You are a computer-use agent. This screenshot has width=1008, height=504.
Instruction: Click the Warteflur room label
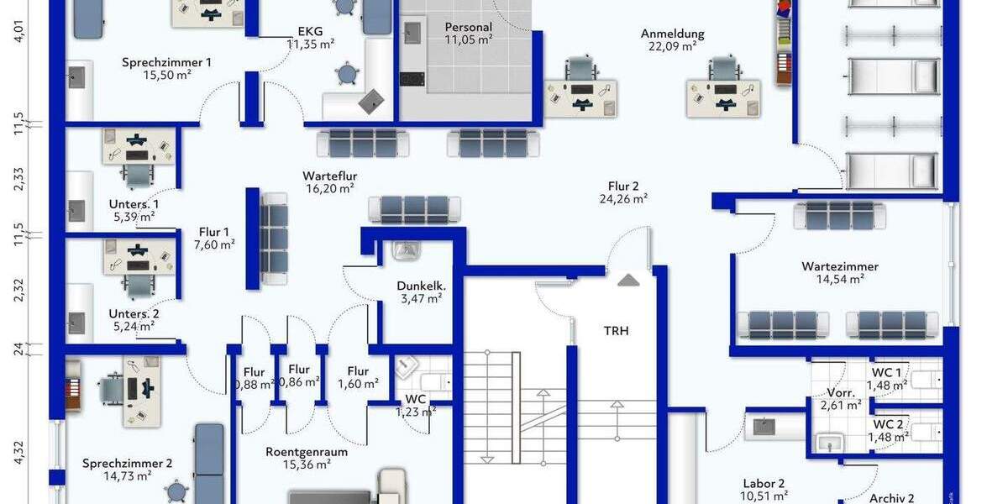coord(330,176)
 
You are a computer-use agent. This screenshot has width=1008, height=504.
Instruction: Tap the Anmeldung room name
coord(672,34)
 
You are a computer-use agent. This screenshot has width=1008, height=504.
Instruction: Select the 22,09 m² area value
coord(672,46)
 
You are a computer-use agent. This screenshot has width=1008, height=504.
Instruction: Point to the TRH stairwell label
coord(616,331)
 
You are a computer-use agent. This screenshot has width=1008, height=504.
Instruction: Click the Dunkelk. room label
coord(421,286)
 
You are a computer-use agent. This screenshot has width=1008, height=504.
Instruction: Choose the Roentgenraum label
coord(307,452)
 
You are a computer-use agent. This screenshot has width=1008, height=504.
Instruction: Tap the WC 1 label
coord(886,373)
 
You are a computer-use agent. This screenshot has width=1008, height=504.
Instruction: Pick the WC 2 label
coord(888,424)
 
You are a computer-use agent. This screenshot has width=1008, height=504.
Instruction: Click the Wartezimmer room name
coord(840,266)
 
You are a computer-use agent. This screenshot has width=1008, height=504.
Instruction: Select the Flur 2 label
coord(623,186)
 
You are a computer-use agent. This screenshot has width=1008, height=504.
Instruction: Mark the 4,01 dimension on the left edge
coord(18,30)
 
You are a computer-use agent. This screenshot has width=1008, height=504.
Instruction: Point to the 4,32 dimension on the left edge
coord(18,452)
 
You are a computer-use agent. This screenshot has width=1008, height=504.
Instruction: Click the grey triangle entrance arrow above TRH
coord(628,281)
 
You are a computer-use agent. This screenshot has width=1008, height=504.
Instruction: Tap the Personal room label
coord(468,28)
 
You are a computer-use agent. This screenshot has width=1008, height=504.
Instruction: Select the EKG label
coord(310,32)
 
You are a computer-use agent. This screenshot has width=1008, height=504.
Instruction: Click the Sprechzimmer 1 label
coord(166,62)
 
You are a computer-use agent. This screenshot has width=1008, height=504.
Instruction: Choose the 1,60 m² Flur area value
coord(358,384)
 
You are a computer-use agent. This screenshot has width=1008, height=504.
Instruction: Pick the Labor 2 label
coord(764,484)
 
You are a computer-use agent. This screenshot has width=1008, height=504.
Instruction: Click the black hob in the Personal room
coord(412,79)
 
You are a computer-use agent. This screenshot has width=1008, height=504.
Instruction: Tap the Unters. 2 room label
coord(134,313)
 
